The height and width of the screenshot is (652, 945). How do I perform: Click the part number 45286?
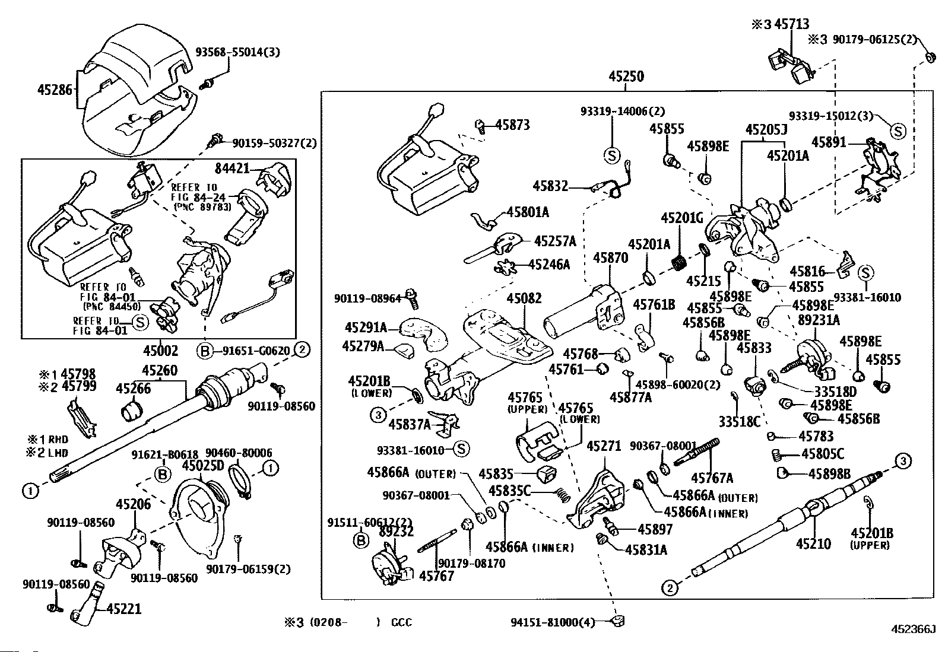55,90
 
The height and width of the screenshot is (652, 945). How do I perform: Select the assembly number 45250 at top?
626,77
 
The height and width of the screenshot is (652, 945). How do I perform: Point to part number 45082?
524,298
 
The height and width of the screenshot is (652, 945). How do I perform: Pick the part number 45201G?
681,218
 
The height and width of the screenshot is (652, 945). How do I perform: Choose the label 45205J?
766,130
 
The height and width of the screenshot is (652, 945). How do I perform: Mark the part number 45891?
829,142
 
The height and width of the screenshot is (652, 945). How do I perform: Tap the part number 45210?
813,543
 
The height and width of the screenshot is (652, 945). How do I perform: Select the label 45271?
604,446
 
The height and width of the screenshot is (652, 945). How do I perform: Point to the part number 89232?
396,532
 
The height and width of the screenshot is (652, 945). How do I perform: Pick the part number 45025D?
202,465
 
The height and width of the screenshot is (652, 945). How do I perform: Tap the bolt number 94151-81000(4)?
552,622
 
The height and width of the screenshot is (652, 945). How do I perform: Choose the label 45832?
550,186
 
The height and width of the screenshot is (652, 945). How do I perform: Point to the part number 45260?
159,371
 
